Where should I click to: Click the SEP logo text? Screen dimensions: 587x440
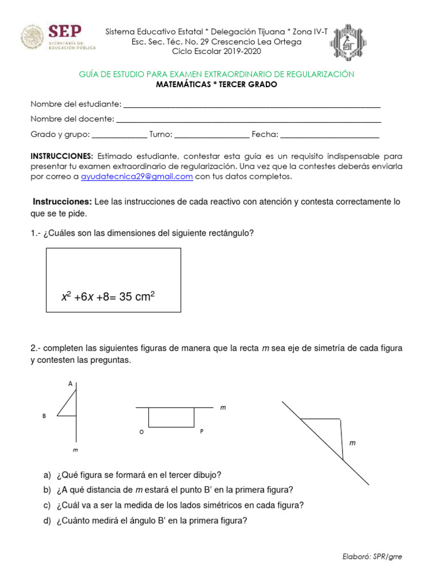(65, 32)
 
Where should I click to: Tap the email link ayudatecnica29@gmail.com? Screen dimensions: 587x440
(136, 177)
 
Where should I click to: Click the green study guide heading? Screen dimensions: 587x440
(215, 75)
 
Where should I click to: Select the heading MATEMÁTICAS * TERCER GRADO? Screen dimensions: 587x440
(217, 85)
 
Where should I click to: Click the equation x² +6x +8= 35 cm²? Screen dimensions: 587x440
(109, 297)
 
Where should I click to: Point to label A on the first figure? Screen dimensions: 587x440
(70, 384)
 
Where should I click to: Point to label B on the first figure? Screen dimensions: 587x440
(44, 416)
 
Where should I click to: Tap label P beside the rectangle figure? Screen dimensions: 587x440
(202, 432)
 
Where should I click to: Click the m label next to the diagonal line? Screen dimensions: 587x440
(352, 443)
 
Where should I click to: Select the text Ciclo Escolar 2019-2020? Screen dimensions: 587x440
(216, 51)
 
